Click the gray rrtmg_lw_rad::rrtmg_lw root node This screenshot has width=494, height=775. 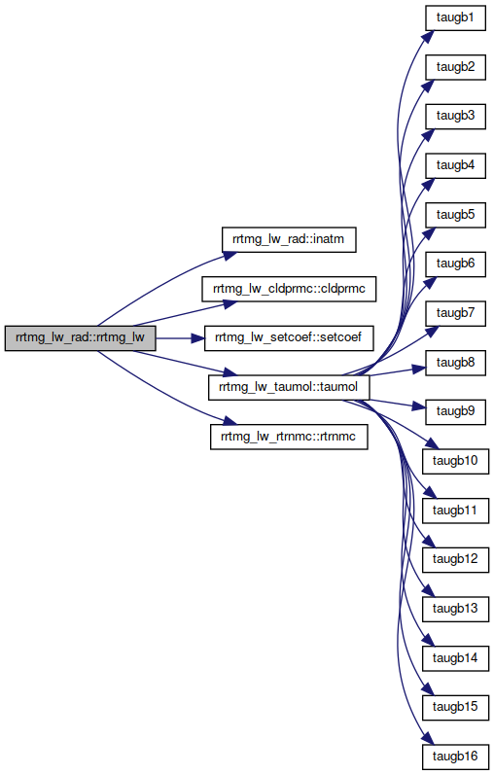pos(80,338)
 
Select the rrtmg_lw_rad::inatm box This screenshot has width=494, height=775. pos(289,240)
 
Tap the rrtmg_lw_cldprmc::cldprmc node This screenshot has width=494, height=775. pos(289,289)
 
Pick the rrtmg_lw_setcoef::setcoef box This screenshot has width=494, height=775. pos(289,338)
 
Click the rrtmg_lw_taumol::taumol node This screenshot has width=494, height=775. pos(289,387)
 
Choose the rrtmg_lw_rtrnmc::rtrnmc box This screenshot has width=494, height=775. pos(289,437)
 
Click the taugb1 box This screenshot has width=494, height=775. pos(455,18)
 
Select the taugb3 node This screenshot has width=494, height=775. pos(455,116)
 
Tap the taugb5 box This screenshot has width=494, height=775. pos(455,215)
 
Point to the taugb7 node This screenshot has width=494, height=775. pos(455,313)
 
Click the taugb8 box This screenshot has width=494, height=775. pos(455,363)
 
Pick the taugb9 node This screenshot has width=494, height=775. pos(455,411)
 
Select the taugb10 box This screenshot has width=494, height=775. pos(455,461)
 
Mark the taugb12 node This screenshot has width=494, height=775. pos(455,559)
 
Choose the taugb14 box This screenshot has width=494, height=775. pos(455,658)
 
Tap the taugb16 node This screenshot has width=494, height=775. pos(455,757)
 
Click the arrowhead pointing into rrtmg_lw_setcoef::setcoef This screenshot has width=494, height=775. pos(197,338)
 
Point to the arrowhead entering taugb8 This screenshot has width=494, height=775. pos(419,369)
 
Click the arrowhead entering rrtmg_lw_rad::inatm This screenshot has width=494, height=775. pos(229,255)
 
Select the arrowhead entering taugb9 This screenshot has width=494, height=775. pos(419,406)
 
